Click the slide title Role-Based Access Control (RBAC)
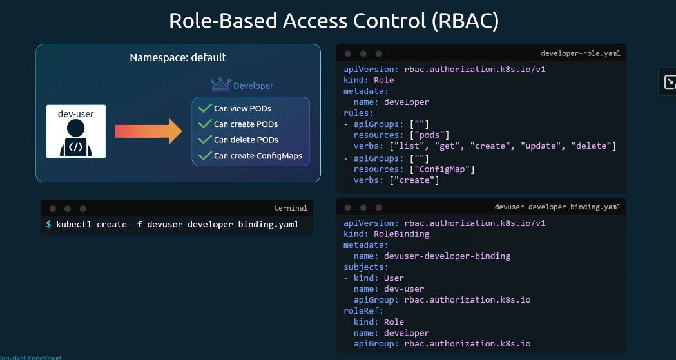(x=334, y=21)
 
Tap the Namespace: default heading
(x=178, y=57)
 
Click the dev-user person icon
(x=76, y=138)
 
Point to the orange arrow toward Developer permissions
(x=148, y=131)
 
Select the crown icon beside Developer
(x=220, y=84)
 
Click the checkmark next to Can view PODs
(x=206, y=108)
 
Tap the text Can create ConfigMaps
(x=258, y=156)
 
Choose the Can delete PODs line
(x=246, y=140)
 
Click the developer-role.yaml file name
(x=581, y=53)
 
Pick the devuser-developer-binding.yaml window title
(x=557, y=207)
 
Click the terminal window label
(x=291, y=208)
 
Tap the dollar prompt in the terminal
(x=49, y=225)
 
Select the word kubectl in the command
(x=73, y=225)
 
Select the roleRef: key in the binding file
(x=363, y=311)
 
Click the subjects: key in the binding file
(x=365, y=267)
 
